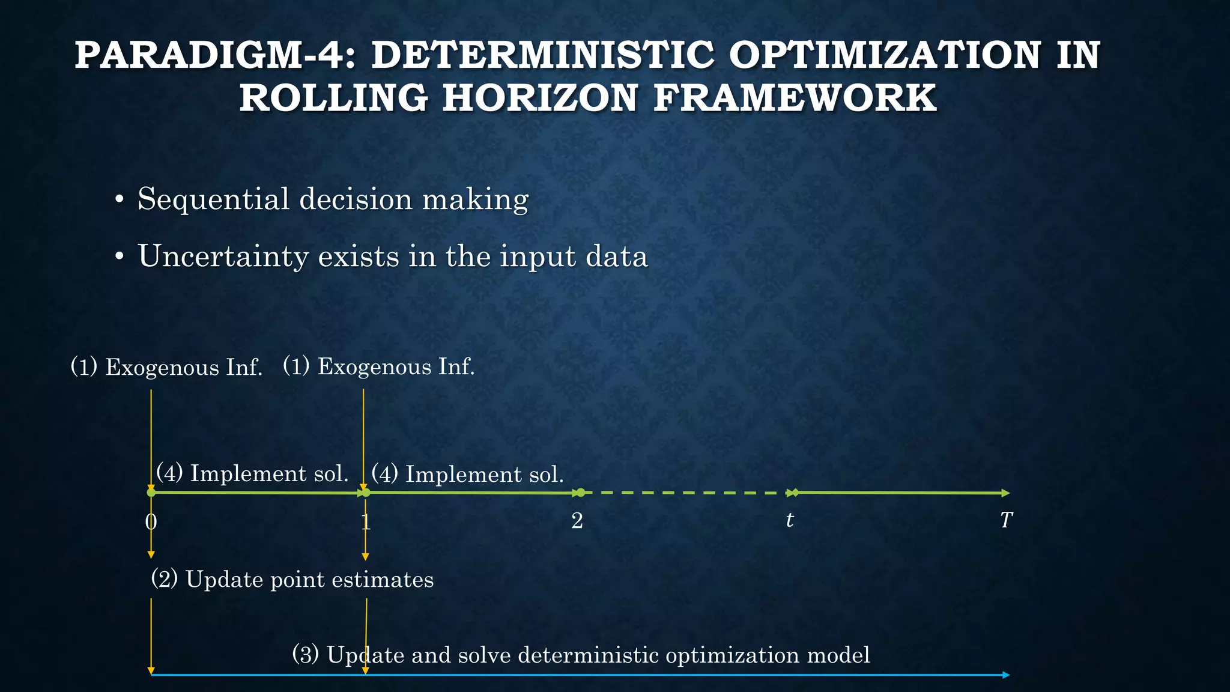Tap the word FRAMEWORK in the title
pos(795,98)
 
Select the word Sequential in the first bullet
pos(213,199)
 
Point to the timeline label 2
pos(577,521)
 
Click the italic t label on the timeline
pos(790,520)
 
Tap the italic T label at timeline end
pos(1007,520)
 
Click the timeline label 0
pos(151,521)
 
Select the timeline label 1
pos(366,521)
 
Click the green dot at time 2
pos(580,493)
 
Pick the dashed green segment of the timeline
pos(685,493)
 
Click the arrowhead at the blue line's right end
pos(1006,675)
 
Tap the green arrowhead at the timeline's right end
pos(1006,493)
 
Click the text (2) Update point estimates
pos(292,580)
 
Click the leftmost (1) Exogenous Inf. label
pos(166,367)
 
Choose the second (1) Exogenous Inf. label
pos(379,366)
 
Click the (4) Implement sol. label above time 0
pos(252,473)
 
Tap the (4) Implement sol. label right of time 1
pos(468,475)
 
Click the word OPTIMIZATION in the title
pos(885,55)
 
